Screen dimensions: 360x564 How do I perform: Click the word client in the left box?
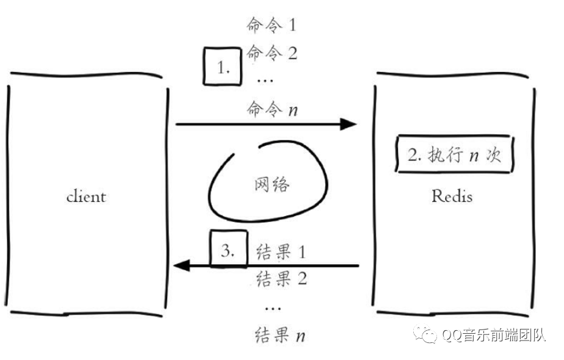pos(86,196)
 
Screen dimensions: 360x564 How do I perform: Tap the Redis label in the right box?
pos(452,196)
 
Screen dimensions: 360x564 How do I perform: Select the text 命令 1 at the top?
pos(271,25)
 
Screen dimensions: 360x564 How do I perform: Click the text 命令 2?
pos(272,53)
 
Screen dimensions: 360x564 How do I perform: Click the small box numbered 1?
pos(223,67)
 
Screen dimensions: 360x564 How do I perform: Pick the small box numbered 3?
pos(228,249)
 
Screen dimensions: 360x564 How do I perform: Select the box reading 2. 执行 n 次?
pos(454,155)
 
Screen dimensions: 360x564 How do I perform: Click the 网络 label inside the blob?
pos(270,184)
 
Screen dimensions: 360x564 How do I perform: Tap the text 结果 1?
pos(280,251)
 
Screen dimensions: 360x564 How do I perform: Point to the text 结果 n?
pos(280,335)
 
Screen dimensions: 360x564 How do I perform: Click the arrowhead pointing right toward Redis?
pos(348,124)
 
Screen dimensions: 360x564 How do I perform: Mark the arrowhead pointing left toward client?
pos(182,265)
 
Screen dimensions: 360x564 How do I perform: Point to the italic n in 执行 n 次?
pos(473,156)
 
